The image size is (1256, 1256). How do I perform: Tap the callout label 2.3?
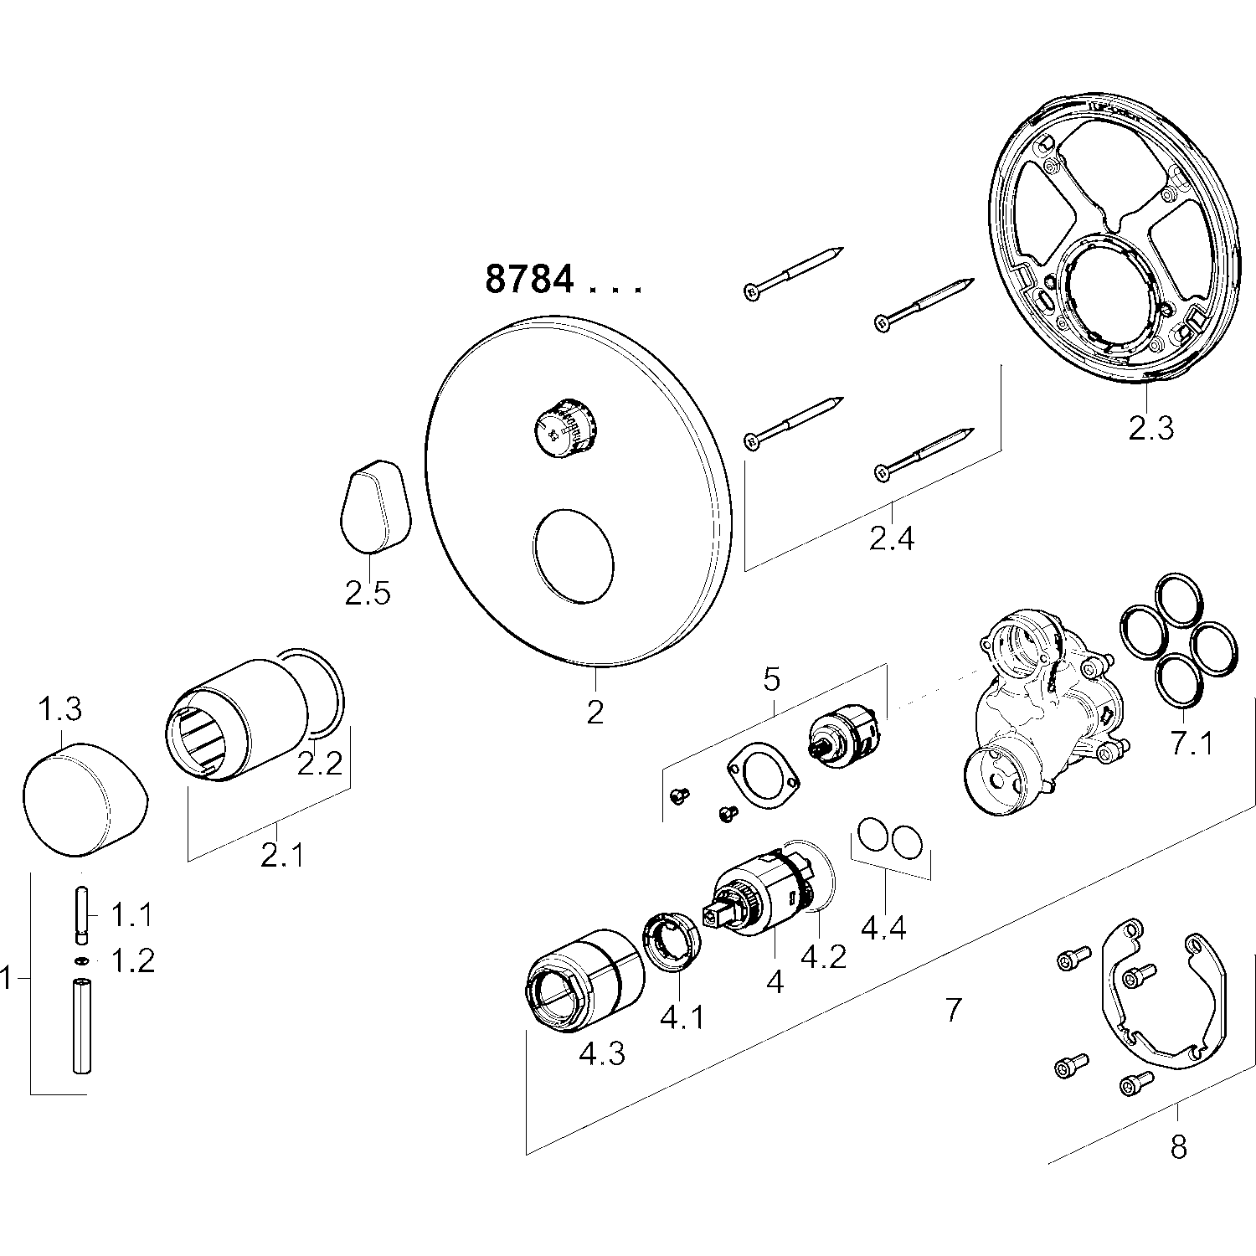click(1150, 428)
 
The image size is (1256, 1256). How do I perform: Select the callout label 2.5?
click(368, 593)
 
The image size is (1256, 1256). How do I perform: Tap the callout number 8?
click(1178, 1146)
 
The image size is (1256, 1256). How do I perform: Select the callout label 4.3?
click(602, 1053)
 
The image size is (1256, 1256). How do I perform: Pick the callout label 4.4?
click(884, 928)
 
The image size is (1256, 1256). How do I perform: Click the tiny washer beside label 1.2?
click(81, 960)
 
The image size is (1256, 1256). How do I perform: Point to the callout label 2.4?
click(892, 538)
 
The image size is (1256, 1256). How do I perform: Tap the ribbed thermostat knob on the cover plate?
click(566, 427)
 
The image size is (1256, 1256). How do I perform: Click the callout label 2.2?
click(321, 763)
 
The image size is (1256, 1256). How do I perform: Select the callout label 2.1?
click(282, 856)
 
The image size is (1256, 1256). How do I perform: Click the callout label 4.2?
click(823, 955)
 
